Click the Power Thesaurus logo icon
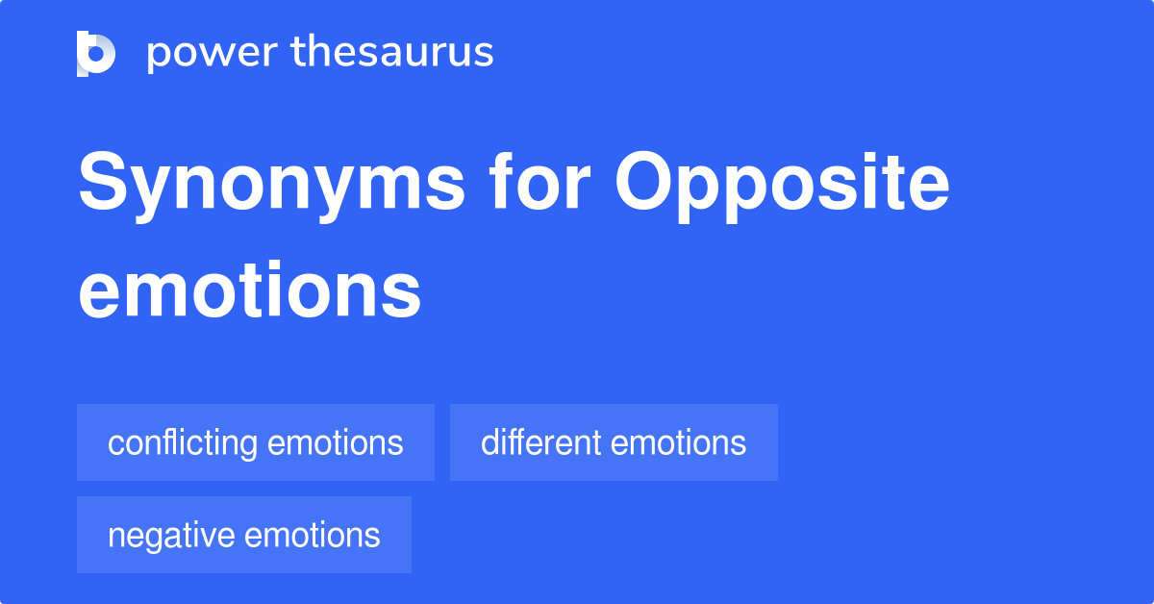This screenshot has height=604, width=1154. (x=96, y=53)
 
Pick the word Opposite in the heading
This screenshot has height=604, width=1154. (x=782, y=185)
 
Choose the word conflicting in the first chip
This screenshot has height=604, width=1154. (x=183, y=443)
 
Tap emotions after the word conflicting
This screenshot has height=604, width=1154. (x=336, y=443)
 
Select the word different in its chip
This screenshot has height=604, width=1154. (x=540, y=443)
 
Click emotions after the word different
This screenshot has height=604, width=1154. (x=678, y=443)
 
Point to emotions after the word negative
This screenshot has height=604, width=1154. (x=313, y=536)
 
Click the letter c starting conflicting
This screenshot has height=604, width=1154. (x=114, y=444)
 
